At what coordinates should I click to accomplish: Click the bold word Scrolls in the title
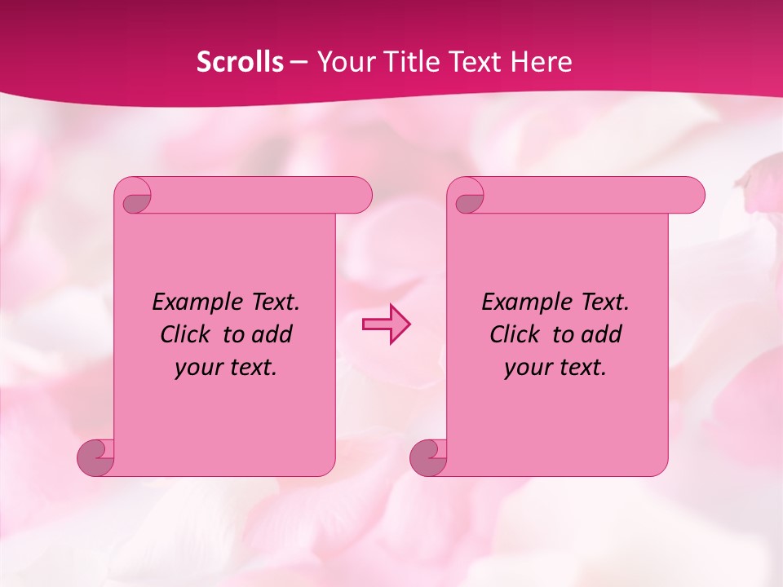240,62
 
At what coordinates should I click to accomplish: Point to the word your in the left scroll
197,368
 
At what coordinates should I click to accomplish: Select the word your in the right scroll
526,368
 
